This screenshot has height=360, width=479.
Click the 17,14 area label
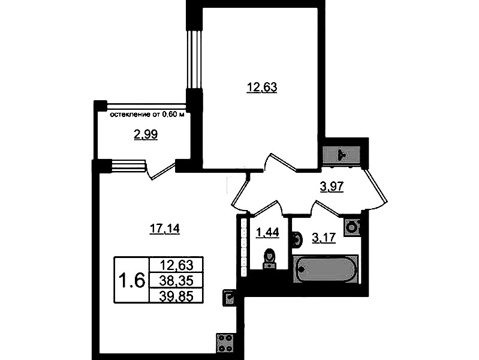coord(164,229)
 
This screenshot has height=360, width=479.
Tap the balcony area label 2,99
coord(146,134)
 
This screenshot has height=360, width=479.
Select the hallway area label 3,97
coord(332,186)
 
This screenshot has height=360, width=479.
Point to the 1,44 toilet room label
coord(267,233)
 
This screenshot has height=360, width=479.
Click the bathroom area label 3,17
coord(324,238)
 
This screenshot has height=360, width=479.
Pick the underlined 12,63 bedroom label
coord(262,88)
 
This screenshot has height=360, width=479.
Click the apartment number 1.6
coord(131,280)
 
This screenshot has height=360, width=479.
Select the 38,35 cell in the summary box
coord(176,280)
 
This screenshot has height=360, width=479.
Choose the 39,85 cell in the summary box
coord(176,295)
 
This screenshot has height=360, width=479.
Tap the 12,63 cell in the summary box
coord(176,265)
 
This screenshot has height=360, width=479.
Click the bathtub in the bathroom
coord(325,270)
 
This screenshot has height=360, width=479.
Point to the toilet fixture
coord(269,259)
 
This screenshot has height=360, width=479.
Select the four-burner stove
coord(226,343)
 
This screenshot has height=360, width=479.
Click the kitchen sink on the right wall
coord(229,297)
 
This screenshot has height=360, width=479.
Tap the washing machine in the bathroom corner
coord(353,227)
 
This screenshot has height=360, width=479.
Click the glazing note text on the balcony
coord(147,115)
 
